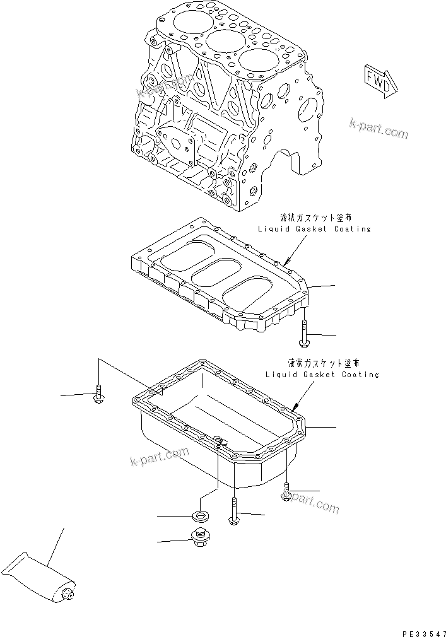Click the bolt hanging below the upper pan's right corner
304,332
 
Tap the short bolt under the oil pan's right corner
286,492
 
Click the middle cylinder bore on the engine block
221,45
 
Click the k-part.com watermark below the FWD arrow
379,129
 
